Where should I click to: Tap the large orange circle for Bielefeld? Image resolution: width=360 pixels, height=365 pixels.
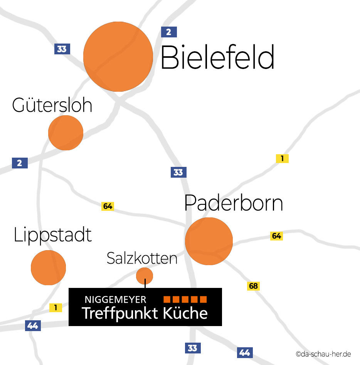pos(118,56)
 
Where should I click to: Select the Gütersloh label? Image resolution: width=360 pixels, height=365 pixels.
pos(52,105)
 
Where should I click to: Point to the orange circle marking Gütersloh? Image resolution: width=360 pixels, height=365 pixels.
pos(66,133)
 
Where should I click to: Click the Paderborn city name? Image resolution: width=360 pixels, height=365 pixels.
pos(234,203)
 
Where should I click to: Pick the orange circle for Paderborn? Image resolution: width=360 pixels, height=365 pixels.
pos(209,241)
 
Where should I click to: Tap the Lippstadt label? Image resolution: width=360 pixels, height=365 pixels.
pos(53,235)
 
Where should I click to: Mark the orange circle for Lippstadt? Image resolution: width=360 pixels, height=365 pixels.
pos(48,267)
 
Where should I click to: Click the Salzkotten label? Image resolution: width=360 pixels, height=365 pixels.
pos(142,258)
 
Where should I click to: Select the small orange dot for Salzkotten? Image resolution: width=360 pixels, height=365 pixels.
pos(145,275)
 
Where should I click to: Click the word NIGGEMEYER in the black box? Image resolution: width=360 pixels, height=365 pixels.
pos(115,299)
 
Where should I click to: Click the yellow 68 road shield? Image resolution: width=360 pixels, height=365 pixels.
pos(253,286)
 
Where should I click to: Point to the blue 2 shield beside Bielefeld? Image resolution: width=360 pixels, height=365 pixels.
pos(169,32)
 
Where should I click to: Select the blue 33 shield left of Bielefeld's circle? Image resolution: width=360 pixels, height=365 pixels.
pos(62,49)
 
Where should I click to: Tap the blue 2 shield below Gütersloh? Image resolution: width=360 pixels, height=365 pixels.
pos(20,163)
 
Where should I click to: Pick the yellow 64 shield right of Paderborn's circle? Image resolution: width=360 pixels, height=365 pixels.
pos(276,236)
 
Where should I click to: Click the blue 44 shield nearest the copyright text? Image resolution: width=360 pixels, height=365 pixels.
pos(245,352)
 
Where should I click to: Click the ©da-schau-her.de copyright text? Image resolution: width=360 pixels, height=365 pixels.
pos(323,354)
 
